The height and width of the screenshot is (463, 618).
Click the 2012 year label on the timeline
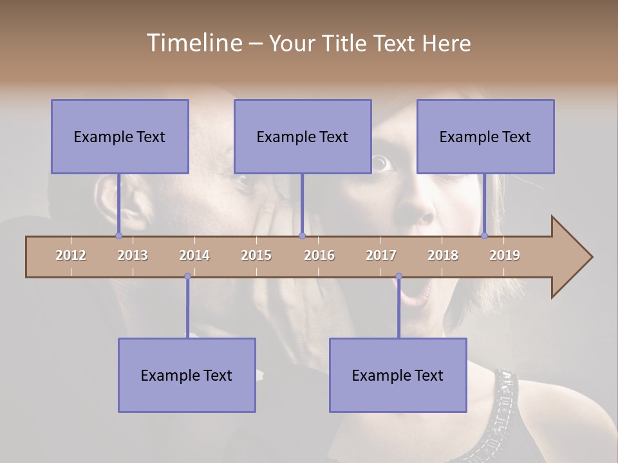tap(71, 255)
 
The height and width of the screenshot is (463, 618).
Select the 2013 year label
tap(133, 255)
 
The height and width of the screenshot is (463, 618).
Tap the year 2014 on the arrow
tap(194, 255)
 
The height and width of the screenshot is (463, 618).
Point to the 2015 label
tap(256, 255)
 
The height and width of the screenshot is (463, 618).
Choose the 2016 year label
tap(319, 255)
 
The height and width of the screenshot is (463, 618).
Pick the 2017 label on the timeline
tap(381, 255)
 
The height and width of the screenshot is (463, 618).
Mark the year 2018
tap(443, 255)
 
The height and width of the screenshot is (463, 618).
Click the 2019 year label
tap(505, 255)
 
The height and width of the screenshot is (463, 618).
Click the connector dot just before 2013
tap(118, 235)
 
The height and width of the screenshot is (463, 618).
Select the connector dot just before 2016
tap(302, 235)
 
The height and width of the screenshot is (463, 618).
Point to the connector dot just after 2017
tap(398, 277)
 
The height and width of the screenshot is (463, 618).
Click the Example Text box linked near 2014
tap(187, 375)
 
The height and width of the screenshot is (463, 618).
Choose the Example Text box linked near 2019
tap(485, 136)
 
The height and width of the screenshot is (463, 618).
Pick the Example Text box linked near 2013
tap(120, 136)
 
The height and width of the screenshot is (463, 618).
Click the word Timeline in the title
tap(193, 43)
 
